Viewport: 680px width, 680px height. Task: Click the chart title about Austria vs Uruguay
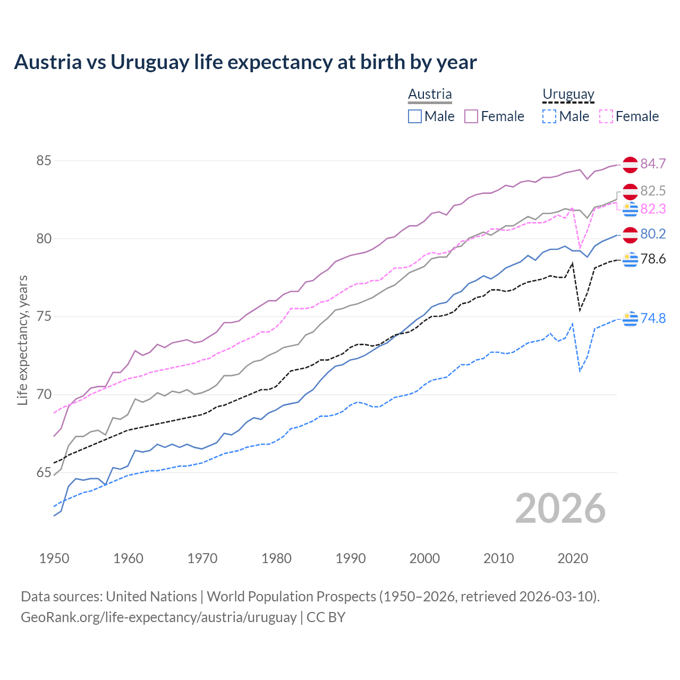245,62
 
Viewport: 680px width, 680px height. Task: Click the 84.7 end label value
653,164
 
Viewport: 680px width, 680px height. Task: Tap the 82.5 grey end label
653,191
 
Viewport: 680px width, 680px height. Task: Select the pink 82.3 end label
653,209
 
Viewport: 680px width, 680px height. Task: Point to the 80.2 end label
653,234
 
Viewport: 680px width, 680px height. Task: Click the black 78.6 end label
653,259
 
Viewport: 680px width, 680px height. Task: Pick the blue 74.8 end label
653,318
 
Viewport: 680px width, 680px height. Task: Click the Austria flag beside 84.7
630,165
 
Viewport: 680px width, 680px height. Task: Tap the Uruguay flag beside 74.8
630,319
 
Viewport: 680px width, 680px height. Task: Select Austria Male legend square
415,116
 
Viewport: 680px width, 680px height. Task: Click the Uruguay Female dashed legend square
606,116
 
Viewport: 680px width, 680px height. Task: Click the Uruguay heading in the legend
568,95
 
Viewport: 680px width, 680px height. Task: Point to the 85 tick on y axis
44,160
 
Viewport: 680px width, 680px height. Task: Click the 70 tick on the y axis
44,395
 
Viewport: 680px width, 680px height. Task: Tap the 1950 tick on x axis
54,558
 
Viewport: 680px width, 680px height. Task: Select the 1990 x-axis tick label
351,558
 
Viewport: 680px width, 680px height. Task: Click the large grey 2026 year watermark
560,508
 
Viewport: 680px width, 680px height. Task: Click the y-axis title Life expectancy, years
22,340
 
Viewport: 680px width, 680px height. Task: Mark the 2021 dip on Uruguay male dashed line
580,371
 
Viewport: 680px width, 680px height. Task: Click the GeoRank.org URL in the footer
158,617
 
